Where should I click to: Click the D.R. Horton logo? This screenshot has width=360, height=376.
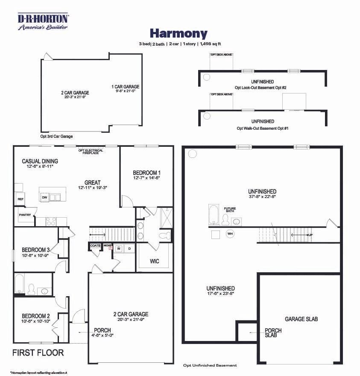pos(43,21)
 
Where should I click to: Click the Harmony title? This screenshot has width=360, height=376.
pos(178,33)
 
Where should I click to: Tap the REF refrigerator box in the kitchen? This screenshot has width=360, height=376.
pos(20,199)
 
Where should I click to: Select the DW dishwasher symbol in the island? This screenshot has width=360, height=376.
pos(44,197)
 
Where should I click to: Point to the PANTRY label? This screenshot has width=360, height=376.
pos(24,215)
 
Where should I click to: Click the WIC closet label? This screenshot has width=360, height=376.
pos(154,261)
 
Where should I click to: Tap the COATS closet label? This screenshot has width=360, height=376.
pos(95,246)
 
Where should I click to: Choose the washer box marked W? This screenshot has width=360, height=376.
pos(118,248)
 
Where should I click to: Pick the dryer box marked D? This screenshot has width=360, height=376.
pos(129,248)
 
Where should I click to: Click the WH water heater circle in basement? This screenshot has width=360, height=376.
pos(230,234)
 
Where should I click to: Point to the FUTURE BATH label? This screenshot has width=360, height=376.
pos(230,210)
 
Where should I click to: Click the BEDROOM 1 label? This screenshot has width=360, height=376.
pos(146,172)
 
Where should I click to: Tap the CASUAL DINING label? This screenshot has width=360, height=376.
pos(40,161)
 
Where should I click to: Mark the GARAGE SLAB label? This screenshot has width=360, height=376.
pos(301,319)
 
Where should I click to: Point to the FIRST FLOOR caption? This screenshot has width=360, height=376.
pos(38,353)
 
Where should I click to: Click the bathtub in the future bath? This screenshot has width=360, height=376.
pos(213,214)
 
